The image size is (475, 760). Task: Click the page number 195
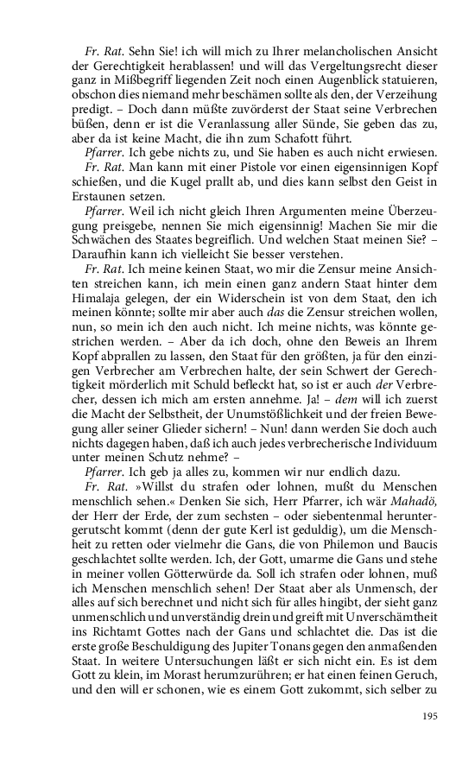click(430, 715)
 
